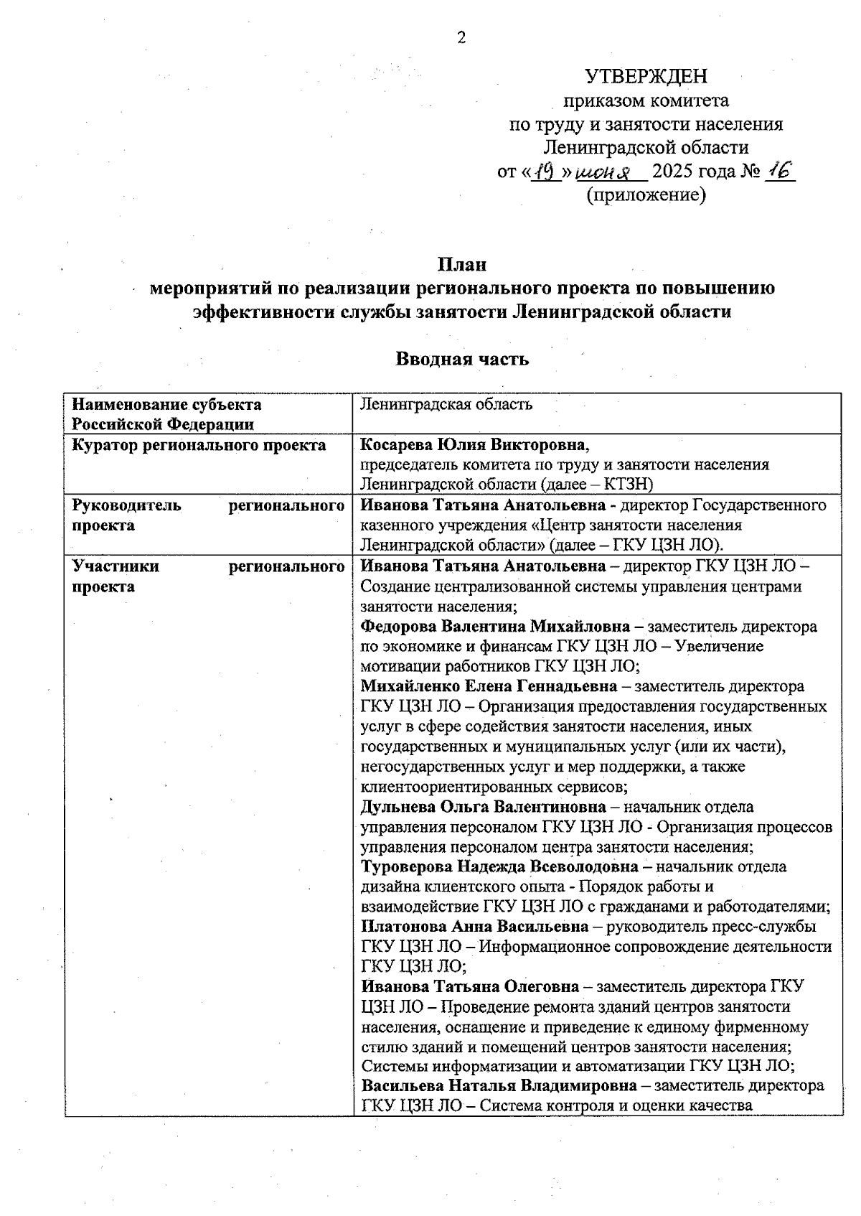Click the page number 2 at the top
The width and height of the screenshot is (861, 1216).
(x=461, y=38)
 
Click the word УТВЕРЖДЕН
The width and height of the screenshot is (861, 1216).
(x=646, y=76)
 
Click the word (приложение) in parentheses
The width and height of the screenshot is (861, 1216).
(x=646, y=195)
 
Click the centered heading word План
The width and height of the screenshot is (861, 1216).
(x=462, y=264)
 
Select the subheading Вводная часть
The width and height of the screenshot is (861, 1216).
(x=462, y=359)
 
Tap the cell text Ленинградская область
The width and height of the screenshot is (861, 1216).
(x=446, y=404)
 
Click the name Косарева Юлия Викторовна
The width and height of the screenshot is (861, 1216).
(x=474, y=445)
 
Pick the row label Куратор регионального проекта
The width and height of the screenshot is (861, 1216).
(x=199, y=445)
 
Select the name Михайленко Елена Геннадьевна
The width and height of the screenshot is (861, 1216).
(x=489, y=686)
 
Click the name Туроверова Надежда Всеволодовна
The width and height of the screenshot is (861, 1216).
(x=499, y=866)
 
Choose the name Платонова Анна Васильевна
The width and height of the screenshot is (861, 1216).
(x=474, y=927)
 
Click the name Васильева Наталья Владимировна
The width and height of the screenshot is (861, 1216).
(x=499, y=1085)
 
